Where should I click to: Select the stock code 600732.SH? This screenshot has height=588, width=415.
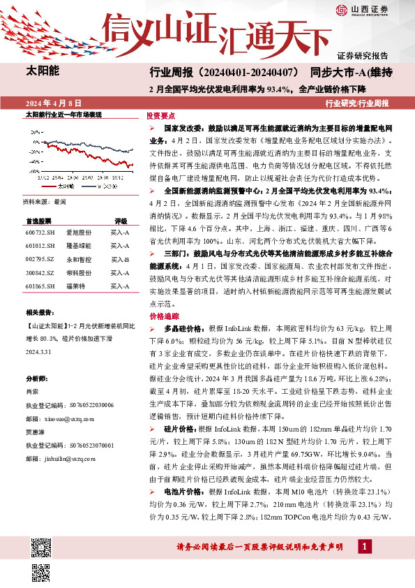(40, 232)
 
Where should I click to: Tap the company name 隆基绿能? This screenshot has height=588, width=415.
(77, 246)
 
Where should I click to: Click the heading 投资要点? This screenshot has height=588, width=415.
(160, 116)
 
